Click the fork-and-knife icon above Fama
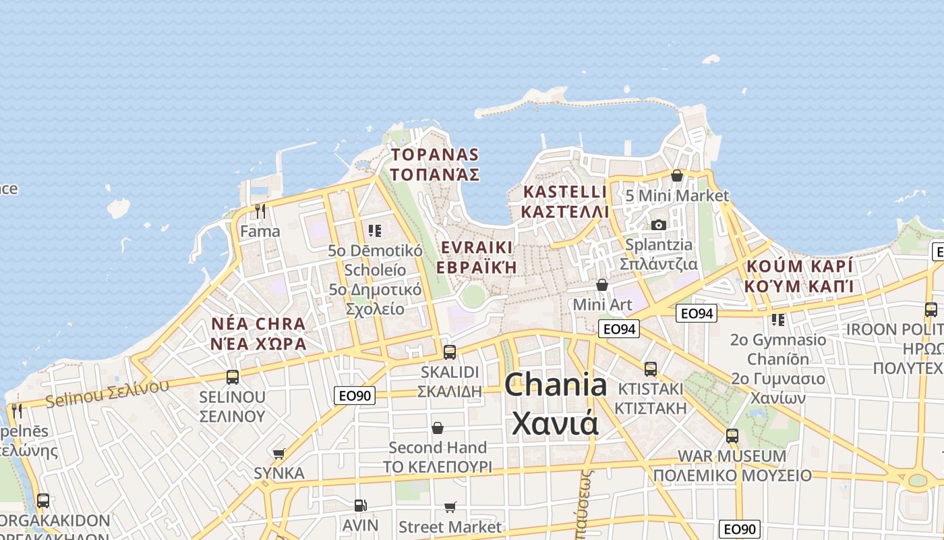click(x=260, y=211)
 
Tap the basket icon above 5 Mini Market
click(x=677, y=175)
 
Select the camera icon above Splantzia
click(x=658, y=225)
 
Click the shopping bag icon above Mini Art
click(x=602, y=285)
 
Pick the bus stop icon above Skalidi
click(x=449, y=352)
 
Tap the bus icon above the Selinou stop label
click(x=233, y=377)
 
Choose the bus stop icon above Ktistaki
click(x=650, y=369)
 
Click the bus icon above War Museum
click(x=732, y=436)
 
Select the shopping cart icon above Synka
click(x=278, y=454)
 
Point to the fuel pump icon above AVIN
click(x=360, y=505)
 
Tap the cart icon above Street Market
click(x=450, y=507)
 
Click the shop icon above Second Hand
click(x=438, y=428)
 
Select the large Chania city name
click(x=556, y=404)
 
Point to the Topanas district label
click(x=435, y=165)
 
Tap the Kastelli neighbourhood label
click(x=565, y=201)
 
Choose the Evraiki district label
click(x=476, y=256)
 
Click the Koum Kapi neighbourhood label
click(x=799, y=275)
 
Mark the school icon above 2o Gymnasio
click(x=778, y=319)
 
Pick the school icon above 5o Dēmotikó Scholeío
click(x=375, y=231)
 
